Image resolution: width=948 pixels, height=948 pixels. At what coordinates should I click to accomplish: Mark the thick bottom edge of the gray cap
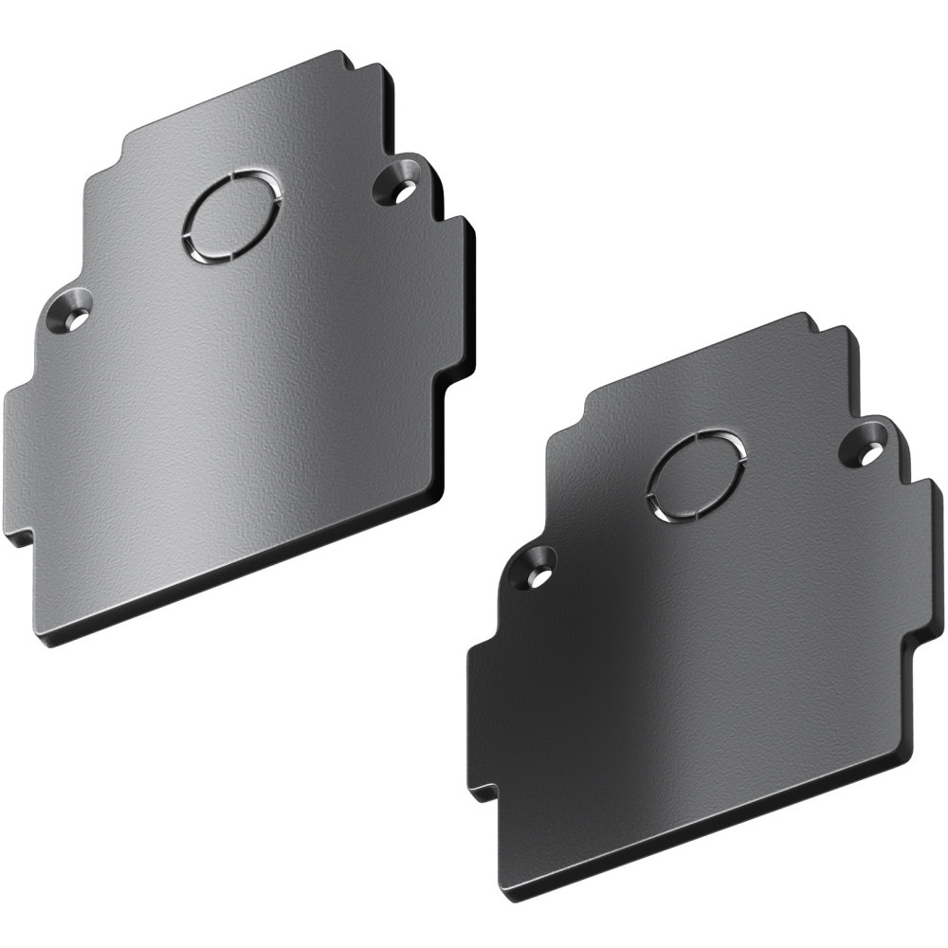(237, 592)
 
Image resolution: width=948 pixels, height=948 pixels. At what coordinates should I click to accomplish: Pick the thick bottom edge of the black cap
(702, 853)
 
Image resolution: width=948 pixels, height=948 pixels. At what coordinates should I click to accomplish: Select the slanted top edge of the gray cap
(237, 100)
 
